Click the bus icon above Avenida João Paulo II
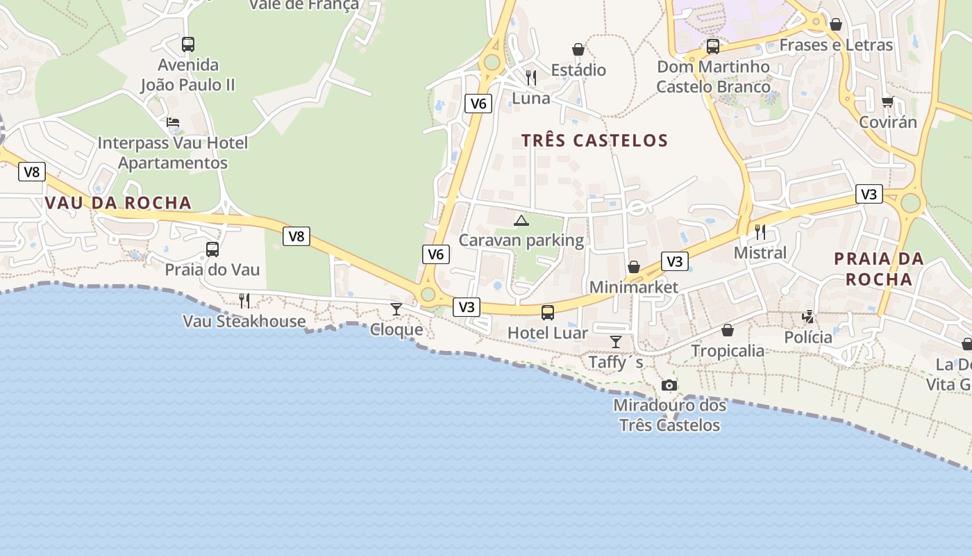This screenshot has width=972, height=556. pos(188,44)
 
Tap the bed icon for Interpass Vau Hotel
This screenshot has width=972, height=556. pos(173,122)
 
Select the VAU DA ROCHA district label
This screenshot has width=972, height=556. pos(118,203)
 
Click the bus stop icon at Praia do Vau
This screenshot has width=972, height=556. pos(212,249)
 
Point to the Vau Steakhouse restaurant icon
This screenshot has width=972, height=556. pos(244,300)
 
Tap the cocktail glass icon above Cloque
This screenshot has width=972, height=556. pos(396,309)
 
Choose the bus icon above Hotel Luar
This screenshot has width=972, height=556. pos(548,313)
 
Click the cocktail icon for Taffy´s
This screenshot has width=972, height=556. pos(616,342)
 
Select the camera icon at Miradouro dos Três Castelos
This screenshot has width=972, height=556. pos(669,385)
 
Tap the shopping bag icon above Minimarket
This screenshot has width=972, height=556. pos(634,267)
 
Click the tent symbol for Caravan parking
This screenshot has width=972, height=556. pos(521,221)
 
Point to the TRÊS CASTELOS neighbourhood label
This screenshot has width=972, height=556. pos(594,140)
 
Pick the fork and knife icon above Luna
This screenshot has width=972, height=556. pos(531,77)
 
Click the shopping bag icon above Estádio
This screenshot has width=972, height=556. pos(578,49)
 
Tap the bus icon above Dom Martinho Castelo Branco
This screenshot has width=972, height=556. pos(713,47)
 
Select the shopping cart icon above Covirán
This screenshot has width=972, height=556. pos(888,102)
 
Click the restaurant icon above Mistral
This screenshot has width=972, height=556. pos(760,232)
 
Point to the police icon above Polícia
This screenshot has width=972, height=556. pos(808,317)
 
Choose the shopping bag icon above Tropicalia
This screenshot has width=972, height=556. pos(728,330)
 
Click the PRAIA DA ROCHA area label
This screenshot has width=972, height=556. pos(878,269)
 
